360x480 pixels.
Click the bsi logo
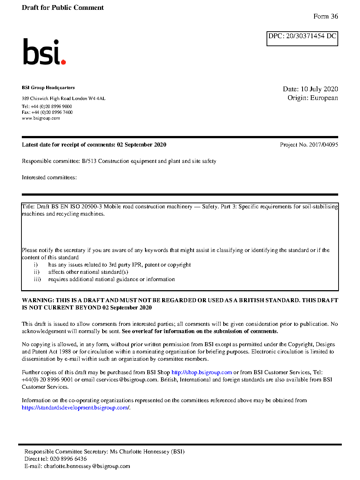click(x=44, y=52)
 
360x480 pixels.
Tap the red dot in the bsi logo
click(x=64, y=62)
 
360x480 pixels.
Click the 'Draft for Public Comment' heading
click(x=63, y=8)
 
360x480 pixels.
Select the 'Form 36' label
click(x=325, y=16)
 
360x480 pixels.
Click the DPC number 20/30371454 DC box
click(x=302, y=38)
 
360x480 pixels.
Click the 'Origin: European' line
click(x=312, y=98)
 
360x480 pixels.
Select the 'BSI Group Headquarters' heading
click(x=48, y=88)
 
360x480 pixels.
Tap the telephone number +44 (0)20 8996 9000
click(x=51, y=107)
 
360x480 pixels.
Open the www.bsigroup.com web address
click(x=41, y=118)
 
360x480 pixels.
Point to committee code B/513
click(x=89, y=161)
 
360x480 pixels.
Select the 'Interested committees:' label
click(x=49, y=177)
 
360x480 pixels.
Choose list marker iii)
click(x=37, y=279)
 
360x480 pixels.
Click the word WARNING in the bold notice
click(x=38, y=300)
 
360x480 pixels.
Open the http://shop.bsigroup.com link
click(x=201, y=372)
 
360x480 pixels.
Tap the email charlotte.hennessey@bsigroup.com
click(x=87, y=466)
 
